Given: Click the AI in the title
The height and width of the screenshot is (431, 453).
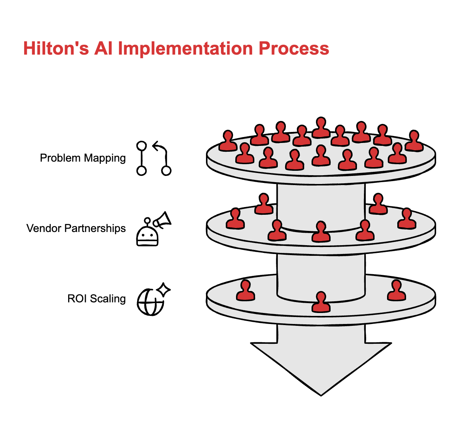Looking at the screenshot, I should click(x=103, y=49).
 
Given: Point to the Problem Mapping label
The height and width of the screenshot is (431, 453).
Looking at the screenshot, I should click(x=83, y=158).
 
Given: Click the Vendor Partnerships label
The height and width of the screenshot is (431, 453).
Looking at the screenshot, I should click(x=76, y=228).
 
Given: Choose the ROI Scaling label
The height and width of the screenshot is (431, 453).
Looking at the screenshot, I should click(x=96, y=299).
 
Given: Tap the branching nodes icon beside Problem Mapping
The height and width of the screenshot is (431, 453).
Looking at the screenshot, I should click(x=154, y=158).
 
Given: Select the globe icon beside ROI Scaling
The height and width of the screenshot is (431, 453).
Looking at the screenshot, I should click(x=150, y=302).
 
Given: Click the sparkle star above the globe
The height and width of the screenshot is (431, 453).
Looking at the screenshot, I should click(x=163, y=289).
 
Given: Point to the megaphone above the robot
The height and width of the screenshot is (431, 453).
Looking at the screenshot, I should click(x=162, y=220).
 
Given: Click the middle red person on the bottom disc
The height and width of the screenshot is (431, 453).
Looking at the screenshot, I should click(x=321, y=302).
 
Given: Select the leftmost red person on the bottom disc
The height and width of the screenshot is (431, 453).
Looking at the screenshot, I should click(x=245, y=291).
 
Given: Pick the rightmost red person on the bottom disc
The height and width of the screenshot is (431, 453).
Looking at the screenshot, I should click(x=397, y=291).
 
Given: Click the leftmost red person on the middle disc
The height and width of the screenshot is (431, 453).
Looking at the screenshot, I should click(x=235, y=219).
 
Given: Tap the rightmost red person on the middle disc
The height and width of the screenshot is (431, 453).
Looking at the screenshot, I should click(x=407, y=219).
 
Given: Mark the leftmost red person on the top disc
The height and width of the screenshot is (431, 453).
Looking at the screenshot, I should click(x=228, y=141).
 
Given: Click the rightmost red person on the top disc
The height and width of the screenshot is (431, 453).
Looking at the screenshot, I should click(x=414, y=141).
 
